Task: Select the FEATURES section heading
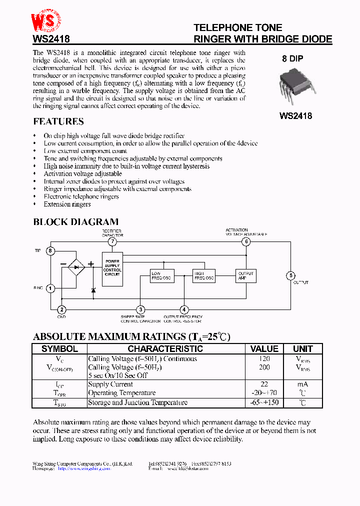[58, 121]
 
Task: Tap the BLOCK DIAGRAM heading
[76, 221]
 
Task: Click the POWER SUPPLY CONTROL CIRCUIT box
[112, 268]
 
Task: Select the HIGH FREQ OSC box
[203, 275]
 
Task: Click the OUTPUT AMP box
[245, 275]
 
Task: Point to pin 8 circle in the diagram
[50, 250]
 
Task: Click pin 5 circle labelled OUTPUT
[290, 275]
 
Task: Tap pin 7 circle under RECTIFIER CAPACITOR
[112, 242]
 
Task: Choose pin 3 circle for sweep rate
[141, 310]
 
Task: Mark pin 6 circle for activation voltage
[245, 242]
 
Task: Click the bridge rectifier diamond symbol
[76, 268]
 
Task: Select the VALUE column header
[264, 349]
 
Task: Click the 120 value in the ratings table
[264, 359]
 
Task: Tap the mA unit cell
[302, 384]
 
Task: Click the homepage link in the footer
[83, 469]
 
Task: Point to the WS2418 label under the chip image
[295, 116]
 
